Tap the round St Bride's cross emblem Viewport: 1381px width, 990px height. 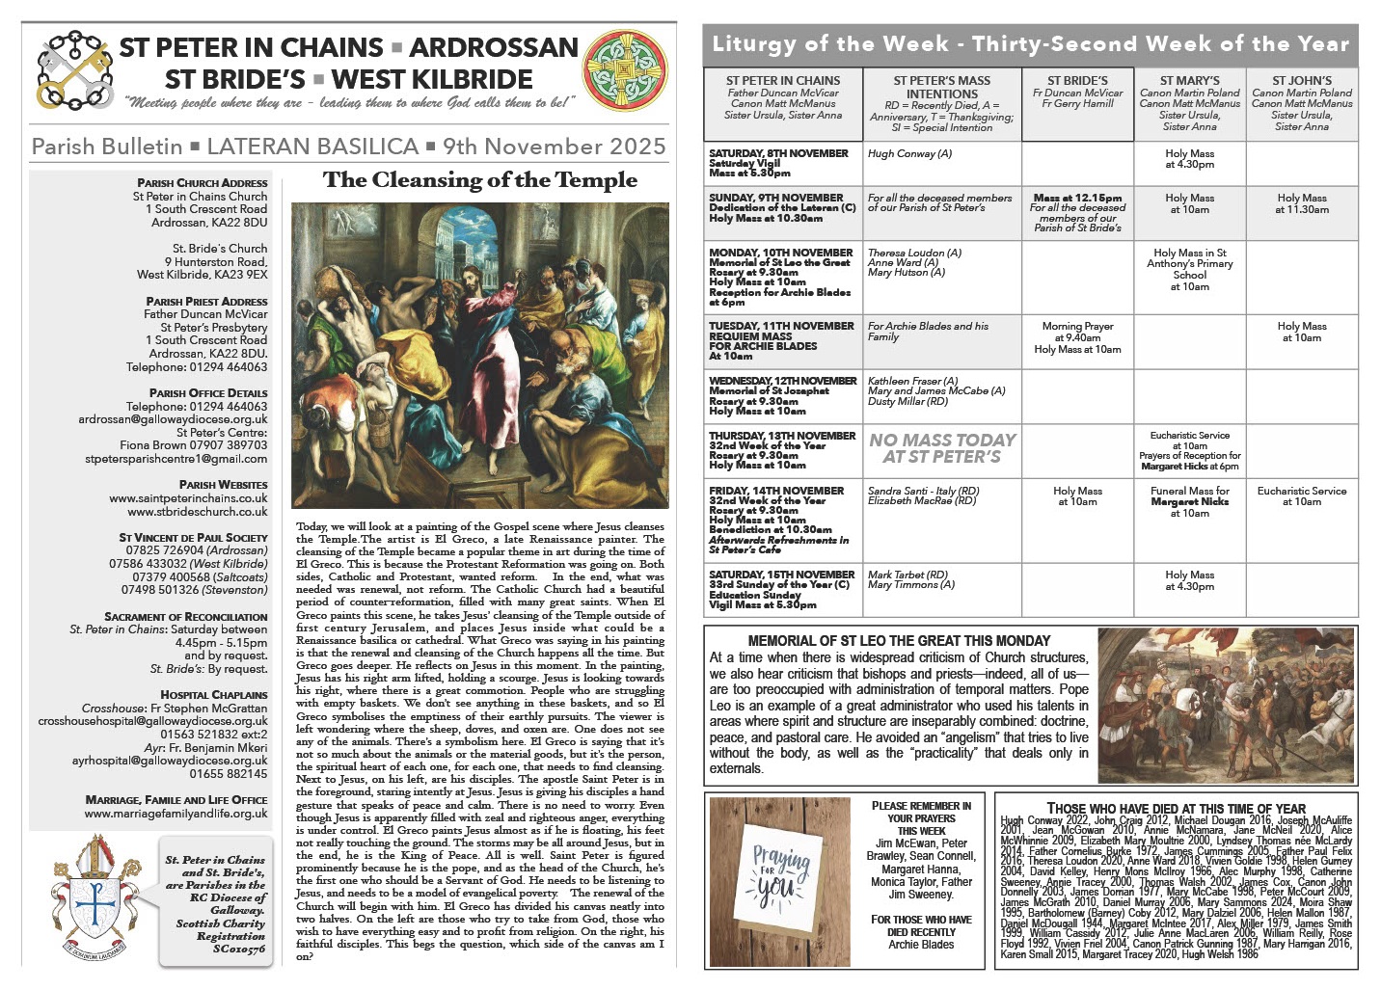pyautogui.click(x=626, y=70)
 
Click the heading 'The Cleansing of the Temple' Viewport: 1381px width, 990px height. pyautogui.click(x=479, y=180)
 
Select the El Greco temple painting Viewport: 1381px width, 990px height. pyautogui.click(x=479, y=357)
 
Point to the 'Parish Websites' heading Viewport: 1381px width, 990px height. pyautogui.click(x=223, y=485)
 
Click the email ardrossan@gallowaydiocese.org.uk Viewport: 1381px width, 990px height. pyautogui.click(x=174, y=419)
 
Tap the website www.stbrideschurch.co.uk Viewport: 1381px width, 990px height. pyautogui.click(x=188, y=511)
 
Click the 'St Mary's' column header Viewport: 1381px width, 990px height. pyautogui.click(x=1189, y=81)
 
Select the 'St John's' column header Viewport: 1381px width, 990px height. pyautogui.click(x=1301, y=81)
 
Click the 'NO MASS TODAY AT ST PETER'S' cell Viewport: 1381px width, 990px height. pyautogui.click(x=942, y=448)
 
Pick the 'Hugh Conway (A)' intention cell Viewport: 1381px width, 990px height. pyautogui.click(x=909, y=154)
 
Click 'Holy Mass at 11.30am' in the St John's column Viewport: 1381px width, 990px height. pyautogui.click(x=1301, y=203)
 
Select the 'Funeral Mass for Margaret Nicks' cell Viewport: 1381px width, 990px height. pyautogui.click(x=1189, y=501)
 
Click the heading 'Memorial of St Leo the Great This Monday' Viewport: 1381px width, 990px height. pyautogui.click(x=899, y=640)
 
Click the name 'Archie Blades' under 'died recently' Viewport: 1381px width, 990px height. pyautogui.click(x=921, y=945)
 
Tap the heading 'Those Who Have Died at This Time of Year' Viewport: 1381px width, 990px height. pyautogui.click(x=1176, y=809)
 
